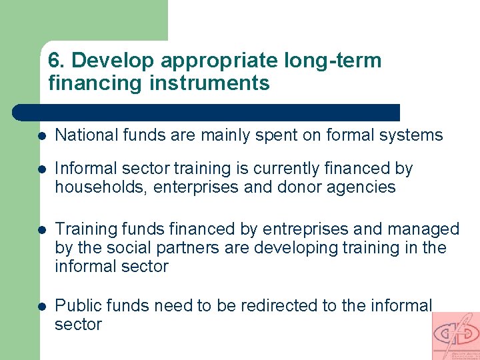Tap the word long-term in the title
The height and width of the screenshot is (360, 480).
click(333, 61)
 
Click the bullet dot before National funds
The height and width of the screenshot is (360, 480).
click(41, 135)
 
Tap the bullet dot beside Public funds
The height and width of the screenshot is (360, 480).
click(41, 306)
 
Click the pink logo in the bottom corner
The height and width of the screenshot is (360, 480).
click(455, 335)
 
